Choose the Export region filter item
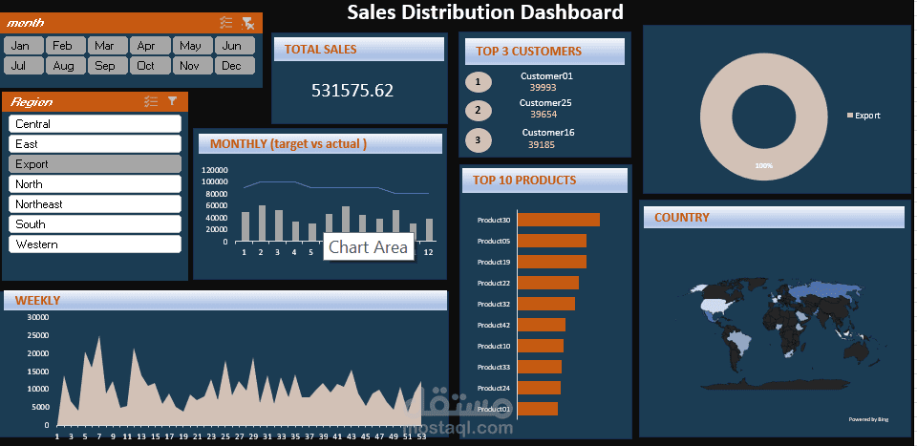(x=95, y=164)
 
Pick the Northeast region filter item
(x=95, y=204)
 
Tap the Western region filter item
(x=95, y=244)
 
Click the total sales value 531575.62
(x=352, y=91)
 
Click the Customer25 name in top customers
(x=545, y=103)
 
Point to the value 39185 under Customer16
(x=541, y=145)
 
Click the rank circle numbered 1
(x=478, y=82)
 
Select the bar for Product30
(x=558, y=220)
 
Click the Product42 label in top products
(x=494, y=326)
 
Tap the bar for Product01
(x=537, y=409)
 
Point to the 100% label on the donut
(x=763, y=166)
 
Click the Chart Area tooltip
(x=368, y=247)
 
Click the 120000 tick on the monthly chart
(x=214, y=170)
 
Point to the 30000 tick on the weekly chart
(x=37, y=318)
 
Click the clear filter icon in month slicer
(x=247, y=23)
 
